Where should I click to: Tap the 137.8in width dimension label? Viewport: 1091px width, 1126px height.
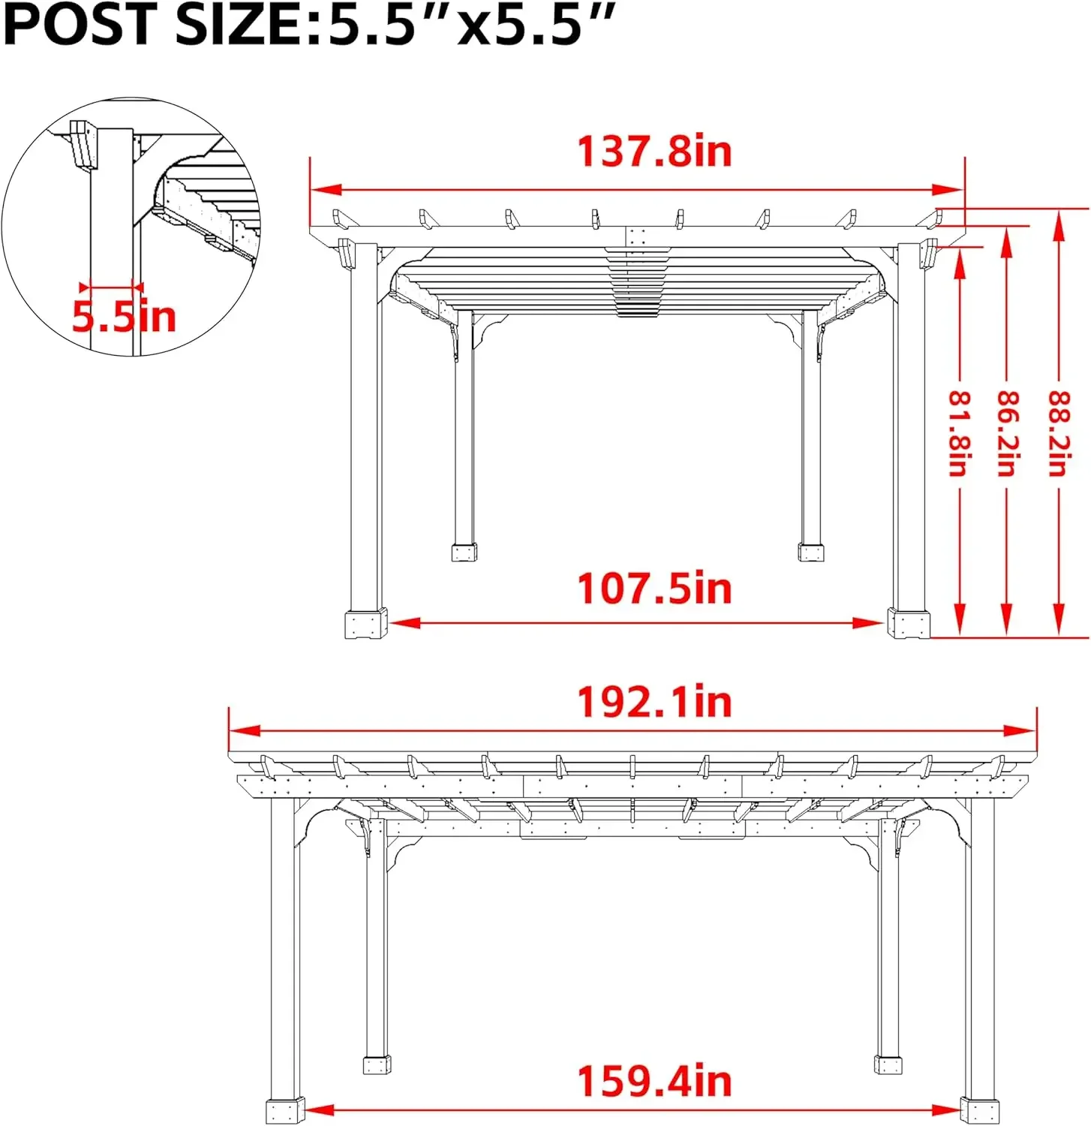654,152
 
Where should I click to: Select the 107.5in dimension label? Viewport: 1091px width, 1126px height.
654,589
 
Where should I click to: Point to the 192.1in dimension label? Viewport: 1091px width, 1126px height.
654,703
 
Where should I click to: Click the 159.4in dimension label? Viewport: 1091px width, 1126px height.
654,1082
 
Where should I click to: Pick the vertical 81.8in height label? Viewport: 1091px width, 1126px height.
959,433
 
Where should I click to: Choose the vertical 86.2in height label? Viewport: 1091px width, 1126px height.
1007,433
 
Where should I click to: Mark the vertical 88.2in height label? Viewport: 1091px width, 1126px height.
1058,433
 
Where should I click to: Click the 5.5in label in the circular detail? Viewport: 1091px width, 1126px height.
124,316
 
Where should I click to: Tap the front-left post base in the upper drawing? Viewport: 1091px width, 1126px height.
365,624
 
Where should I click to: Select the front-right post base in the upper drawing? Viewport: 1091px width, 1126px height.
909,623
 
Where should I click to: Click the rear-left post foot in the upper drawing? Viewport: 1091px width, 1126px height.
464,552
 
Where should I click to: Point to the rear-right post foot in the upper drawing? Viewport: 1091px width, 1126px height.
810,552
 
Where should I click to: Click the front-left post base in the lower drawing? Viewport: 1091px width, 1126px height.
285,1111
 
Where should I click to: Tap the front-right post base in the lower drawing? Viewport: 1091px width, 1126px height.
979,1110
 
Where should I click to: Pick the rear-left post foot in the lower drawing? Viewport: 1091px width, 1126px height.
377,1064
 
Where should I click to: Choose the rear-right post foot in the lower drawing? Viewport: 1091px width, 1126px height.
888,1064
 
